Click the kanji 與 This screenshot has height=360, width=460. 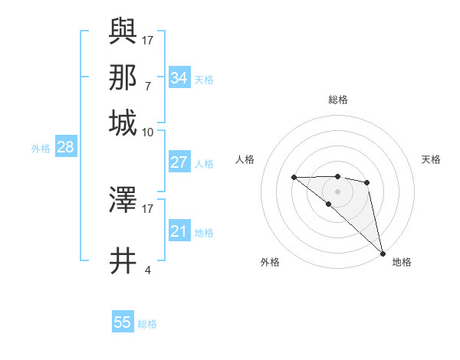[x=123, y=31]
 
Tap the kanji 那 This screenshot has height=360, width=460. [x=123, y=77]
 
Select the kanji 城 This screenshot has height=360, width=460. [x=123, y=123]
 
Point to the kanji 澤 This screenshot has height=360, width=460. [x=123, y=200]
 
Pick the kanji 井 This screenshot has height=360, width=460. [x=123, y=260]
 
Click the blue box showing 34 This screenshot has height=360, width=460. [x=179, y=78]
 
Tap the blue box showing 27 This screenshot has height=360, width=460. [x=179, y=162]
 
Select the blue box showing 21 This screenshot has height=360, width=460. [x=179, y=231]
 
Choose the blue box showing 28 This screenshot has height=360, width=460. [x=65, y=148]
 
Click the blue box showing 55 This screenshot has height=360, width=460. [x=123, y=322]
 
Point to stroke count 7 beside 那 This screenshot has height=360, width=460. [x=148, y=86]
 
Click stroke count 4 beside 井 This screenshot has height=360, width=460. [x=148, y=270]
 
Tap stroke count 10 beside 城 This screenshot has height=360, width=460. [x=148, y=132]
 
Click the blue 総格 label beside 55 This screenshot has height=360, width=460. [x=147, y=324]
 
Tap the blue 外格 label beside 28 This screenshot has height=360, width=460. [x=41, y=149]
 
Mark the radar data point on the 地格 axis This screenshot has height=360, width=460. [x=383, y=253]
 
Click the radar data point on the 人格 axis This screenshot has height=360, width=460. [x=294, y=178]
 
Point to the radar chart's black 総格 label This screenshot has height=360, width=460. [x=338, y=100]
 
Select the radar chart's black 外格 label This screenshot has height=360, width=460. [x=270, y=262]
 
